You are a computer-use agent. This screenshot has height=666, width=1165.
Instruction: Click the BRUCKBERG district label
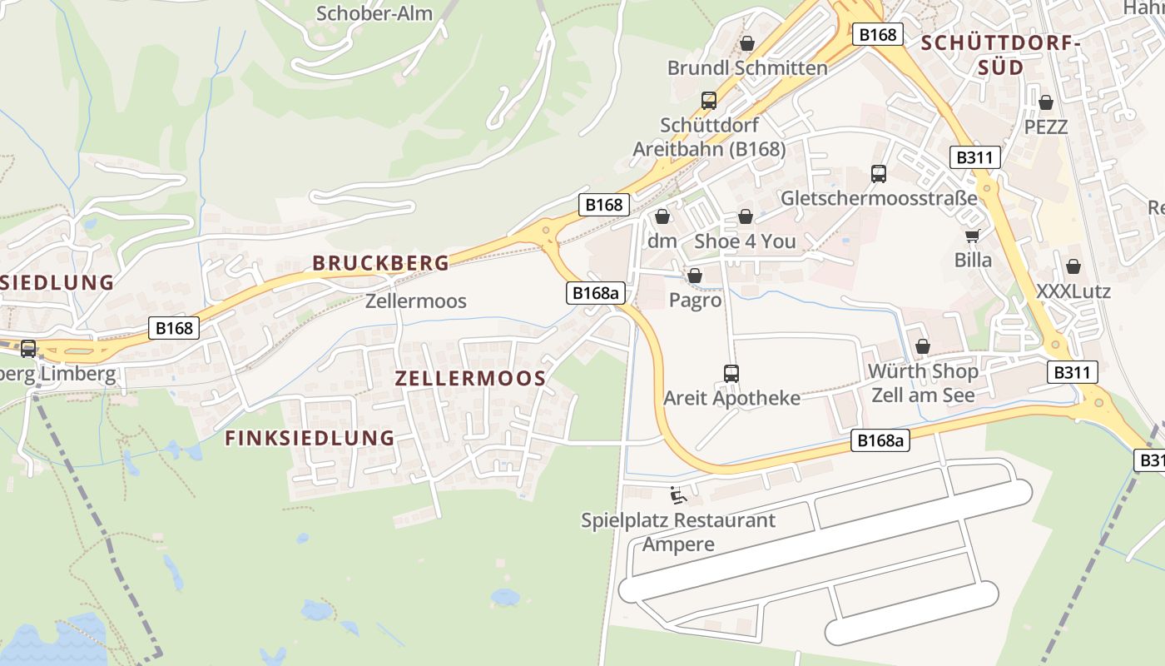pos(380,263)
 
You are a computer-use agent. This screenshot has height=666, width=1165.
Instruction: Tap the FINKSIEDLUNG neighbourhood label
pos(310,438)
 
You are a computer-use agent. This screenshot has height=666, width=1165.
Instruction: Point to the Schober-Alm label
pos(374,13)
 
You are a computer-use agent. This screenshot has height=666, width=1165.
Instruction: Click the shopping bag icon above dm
pos(662,216)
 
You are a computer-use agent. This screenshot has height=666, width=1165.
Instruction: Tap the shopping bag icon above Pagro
pos(695,275)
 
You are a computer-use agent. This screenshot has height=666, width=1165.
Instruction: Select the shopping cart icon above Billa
pos(973,236)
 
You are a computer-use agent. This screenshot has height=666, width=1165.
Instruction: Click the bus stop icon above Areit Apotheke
pos(731,374)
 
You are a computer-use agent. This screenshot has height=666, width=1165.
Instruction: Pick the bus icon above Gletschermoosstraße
pos(879,174)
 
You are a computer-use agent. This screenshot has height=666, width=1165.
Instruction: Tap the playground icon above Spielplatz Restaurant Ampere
pos(678,495)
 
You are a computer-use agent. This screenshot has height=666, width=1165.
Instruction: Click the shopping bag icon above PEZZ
pos(1045,102)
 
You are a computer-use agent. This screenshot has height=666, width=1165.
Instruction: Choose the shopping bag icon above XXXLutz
pos(1073,266)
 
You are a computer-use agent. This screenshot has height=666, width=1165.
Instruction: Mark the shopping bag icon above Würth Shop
pos(922,345)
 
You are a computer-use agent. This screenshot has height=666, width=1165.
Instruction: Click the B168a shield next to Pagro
pos(596,292)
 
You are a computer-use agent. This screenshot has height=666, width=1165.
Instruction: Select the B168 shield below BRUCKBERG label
pos(174,328)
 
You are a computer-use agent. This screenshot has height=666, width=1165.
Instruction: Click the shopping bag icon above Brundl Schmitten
pos(747,43)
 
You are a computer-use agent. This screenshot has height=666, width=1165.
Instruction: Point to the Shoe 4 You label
pos(745,241)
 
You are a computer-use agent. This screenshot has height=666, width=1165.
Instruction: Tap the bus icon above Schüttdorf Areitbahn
pos(709,101)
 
